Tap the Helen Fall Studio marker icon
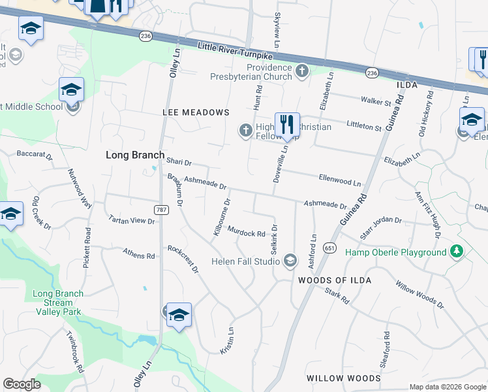[290, 261]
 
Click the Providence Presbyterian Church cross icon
[301, 71]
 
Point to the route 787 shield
[160, 210]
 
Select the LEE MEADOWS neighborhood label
[196, 112]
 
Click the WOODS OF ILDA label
[334, 280]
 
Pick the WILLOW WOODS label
[343, 378]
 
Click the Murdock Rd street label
[246, 232]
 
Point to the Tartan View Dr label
[132, 220]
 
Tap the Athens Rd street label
[140, 253]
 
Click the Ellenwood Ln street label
[339, 179]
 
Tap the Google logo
[22, 385]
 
